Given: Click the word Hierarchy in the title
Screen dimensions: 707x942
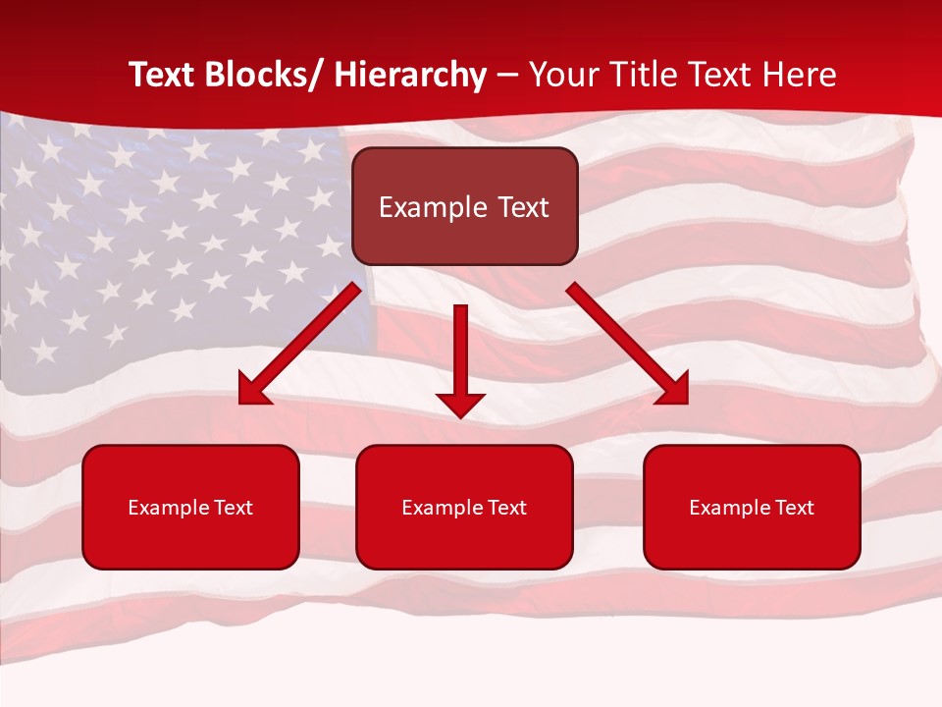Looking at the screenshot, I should (410, 75).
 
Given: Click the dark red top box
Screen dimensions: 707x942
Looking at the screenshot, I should (464, 206).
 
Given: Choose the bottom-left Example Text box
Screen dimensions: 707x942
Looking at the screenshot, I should (190, 507).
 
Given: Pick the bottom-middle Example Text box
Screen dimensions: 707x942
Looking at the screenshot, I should (464, 507).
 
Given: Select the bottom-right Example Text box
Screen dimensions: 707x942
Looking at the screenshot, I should (752, 507).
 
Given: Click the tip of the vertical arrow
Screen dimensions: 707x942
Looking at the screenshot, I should (460, 416).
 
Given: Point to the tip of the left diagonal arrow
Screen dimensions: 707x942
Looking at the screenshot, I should (241, 403).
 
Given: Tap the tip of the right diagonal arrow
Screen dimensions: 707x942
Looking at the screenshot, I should (686, 403).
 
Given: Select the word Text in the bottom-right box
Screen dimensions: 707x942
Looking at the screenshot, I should (795, 508).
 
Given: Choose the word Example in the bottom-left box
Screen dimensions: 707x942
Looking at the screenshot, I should (168, 508).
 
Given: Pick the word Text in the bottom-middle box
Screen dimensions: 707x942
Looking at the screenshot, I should (507, 508).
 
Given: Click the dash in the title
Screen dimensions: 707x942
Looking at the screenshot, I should (507, 75).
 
